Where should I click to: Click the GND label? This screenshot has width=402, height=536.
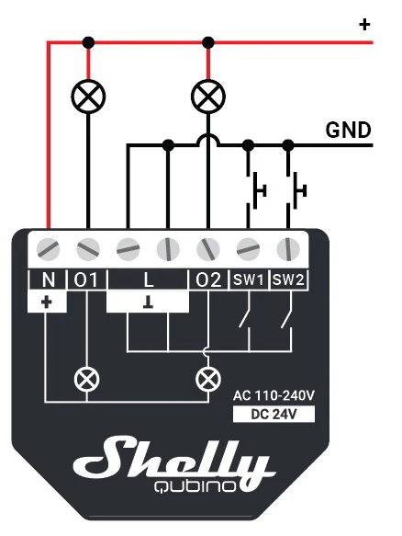click(348, 130)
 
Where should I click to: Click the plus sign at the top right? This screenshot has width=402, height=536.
click(364, 25)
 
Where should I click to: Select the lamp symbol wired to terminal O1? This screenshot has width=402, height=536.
click(88, 96)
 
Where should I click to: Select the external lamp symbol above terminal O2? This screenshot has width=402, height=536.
click(208, 96)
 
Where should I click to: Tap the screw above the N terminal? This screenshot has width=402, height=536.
click(48, 249)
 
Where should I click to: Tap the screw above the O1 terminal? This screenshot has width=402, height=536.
click(88, 249)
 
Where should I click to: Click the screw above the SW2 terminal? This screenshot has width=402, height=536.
click(288, 249)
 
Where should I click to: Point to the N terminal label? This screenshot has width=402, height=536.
click(48, 280)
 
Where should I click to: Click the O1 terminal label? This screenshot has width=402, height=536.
click(85, 280)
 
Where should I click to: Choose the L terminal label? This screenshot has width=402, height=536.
click(148, 280)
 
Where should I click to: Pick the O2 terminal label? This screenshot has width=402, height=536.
click(208, 280)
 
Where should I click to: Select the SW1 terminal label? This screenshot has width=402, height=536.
click(249, 280)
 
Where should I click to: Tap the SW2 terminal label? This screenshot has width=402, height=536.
click(288, 280)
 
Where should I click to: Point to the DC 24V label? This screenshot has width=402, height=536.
click(274, 415)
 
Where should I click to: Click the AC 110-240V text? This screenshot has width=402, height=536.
click(274, 396)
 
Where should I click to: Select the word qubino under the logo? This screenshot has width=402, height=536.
click(195, 486)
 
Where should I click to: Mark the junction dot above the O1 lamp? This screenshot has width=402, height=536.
click(88, 42)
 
